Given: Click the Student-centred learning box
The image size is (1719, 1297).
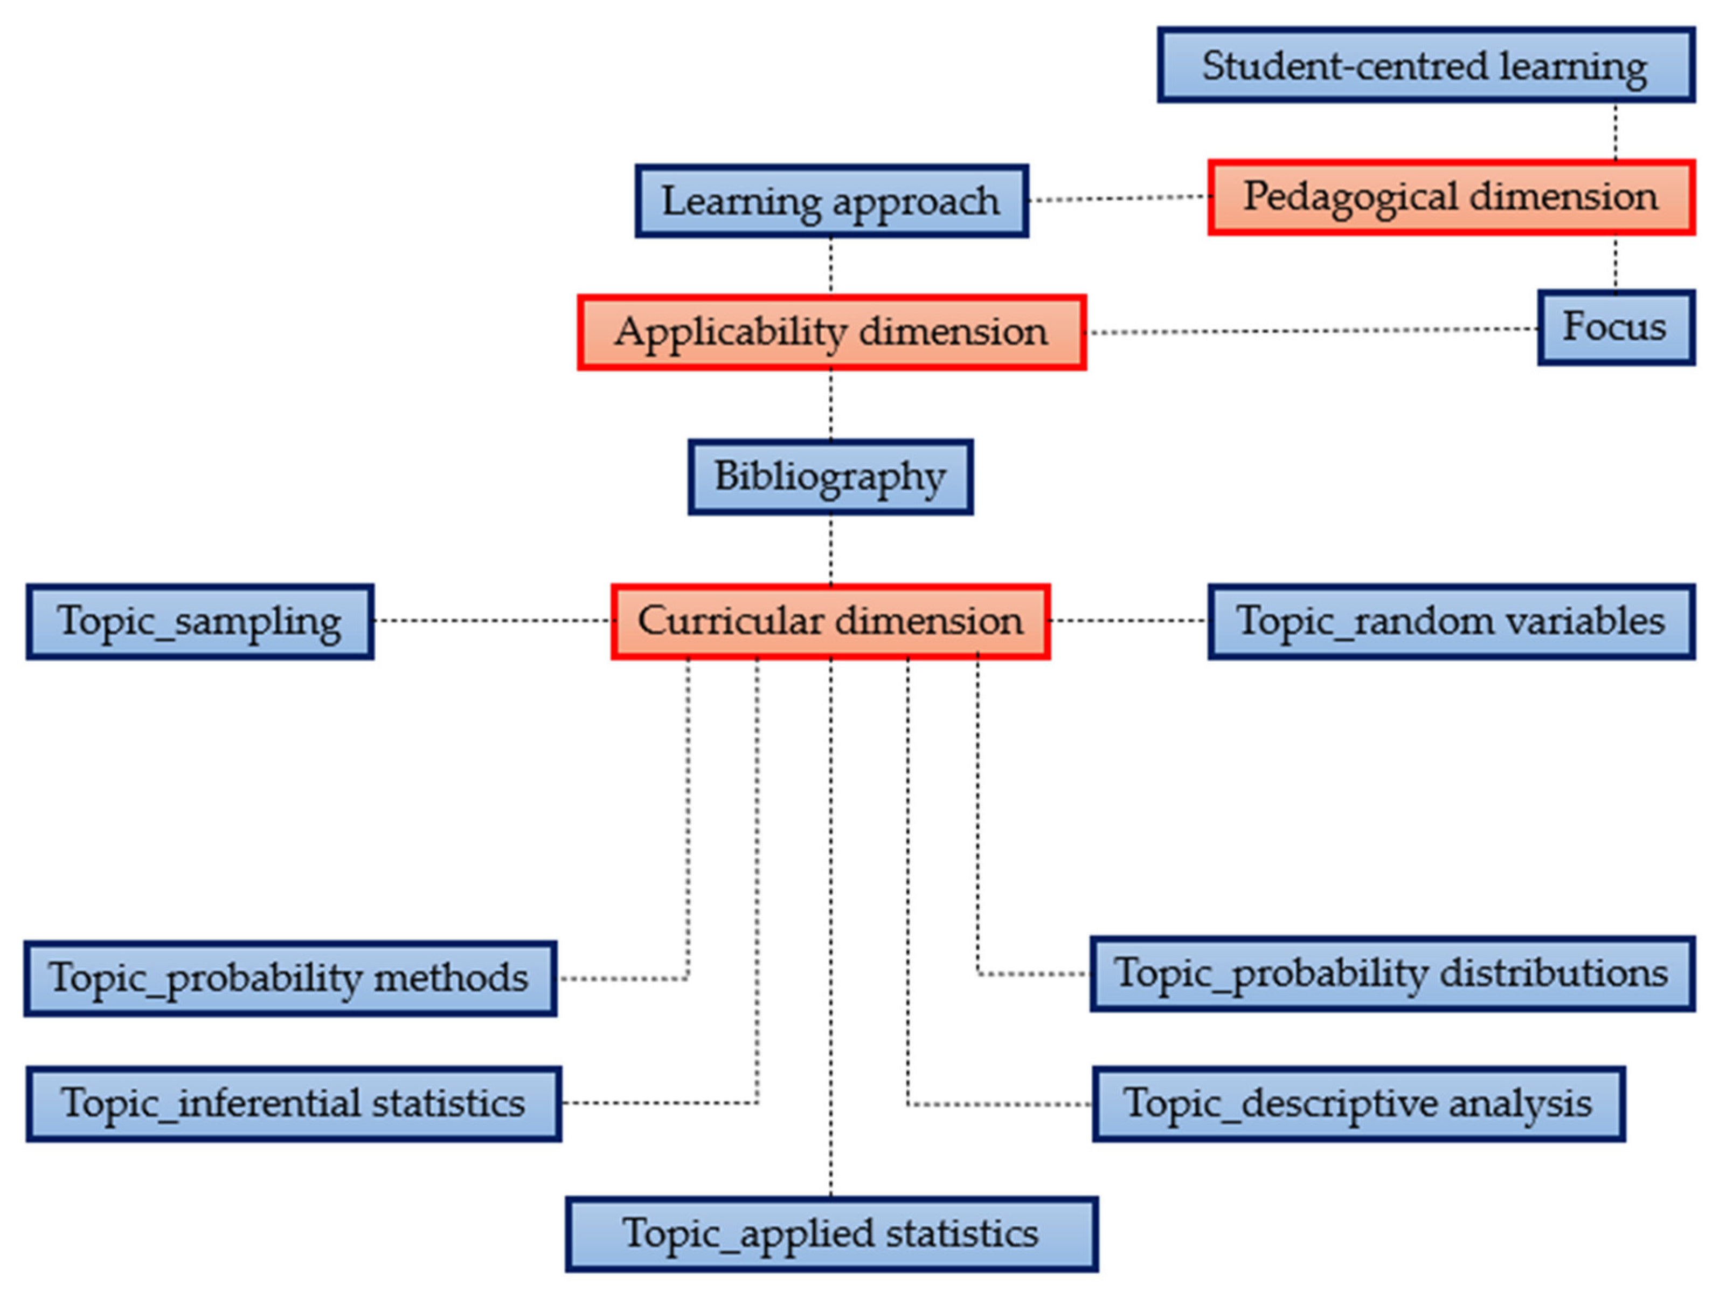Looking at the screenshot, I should point(1426,65).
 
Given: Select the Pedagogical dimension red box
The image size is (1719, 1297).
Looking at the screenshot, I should point(1451,197).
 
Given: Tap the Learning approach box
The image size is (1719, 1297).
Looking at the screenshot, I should point(831,201).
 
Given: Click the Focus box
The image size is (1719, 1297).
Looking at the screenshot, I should point(1616,327).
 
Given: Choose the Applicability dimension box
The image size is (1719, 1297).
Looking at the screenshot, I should point(831,333).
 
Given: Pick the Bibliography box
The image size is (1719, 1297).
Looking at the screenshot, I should point(830,477).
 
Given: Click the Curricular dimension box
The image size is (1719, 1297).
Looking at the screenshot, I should point(830,621).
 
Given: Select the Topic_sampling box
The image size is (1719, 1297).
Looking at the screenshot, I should point(200,621).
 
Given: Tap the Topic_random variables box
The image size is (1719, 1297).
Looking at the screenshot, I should point(1451,621).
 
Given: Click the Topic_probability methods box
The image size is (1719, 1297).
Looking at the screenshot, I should point(290,979).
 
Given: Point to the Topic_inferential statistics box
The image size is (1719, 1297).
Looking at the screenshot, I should point(294,1104).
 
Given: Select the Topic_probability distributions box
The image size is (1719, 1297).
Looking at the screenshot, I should point(1392,975).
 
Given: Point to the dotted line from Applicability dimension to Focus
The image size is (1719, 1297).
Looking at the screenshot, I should point(1312,331).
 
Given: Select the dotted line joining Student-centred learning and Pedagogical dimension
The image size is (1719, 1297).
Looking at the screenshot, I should point(1616,132).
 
